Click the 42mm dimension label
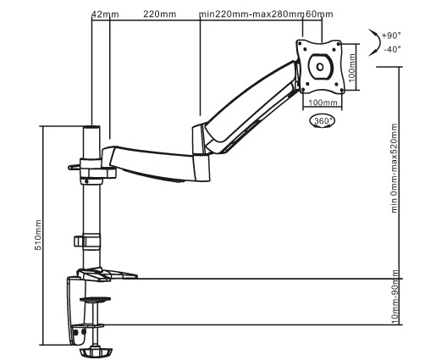click(105, 14)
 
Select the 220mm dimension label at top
click(160, 14)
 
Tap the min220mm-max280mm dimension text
click(251, 14)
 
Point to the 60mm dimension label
click(319, 14)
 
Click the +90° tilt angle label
click(391, 36)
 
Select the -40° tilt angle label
click(392, 49)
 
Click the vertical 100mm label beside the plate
click(351, 68)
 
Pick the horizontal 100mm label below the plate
click(323, 102)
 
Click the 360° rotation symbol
click(323, 121)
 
